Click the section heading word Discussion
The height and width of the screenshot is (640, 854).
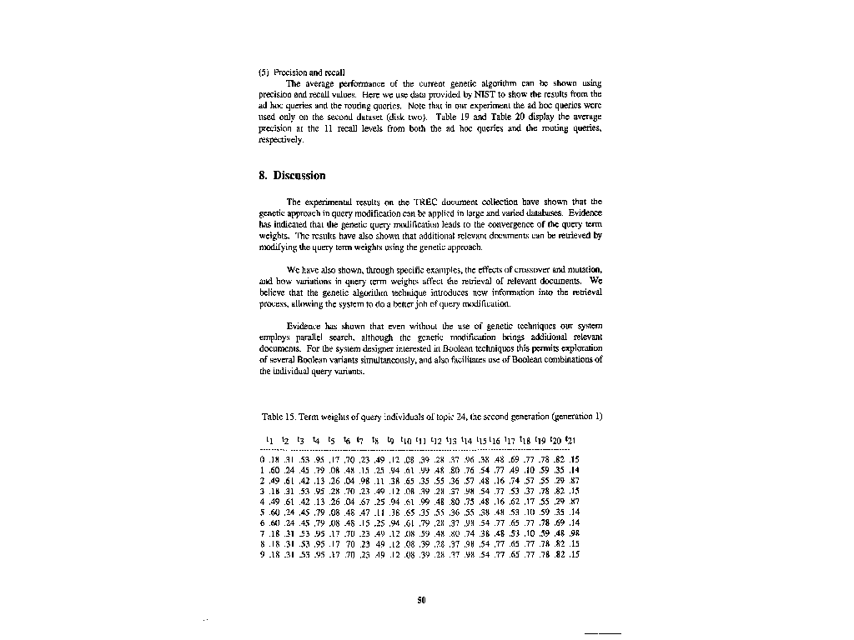299,176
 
